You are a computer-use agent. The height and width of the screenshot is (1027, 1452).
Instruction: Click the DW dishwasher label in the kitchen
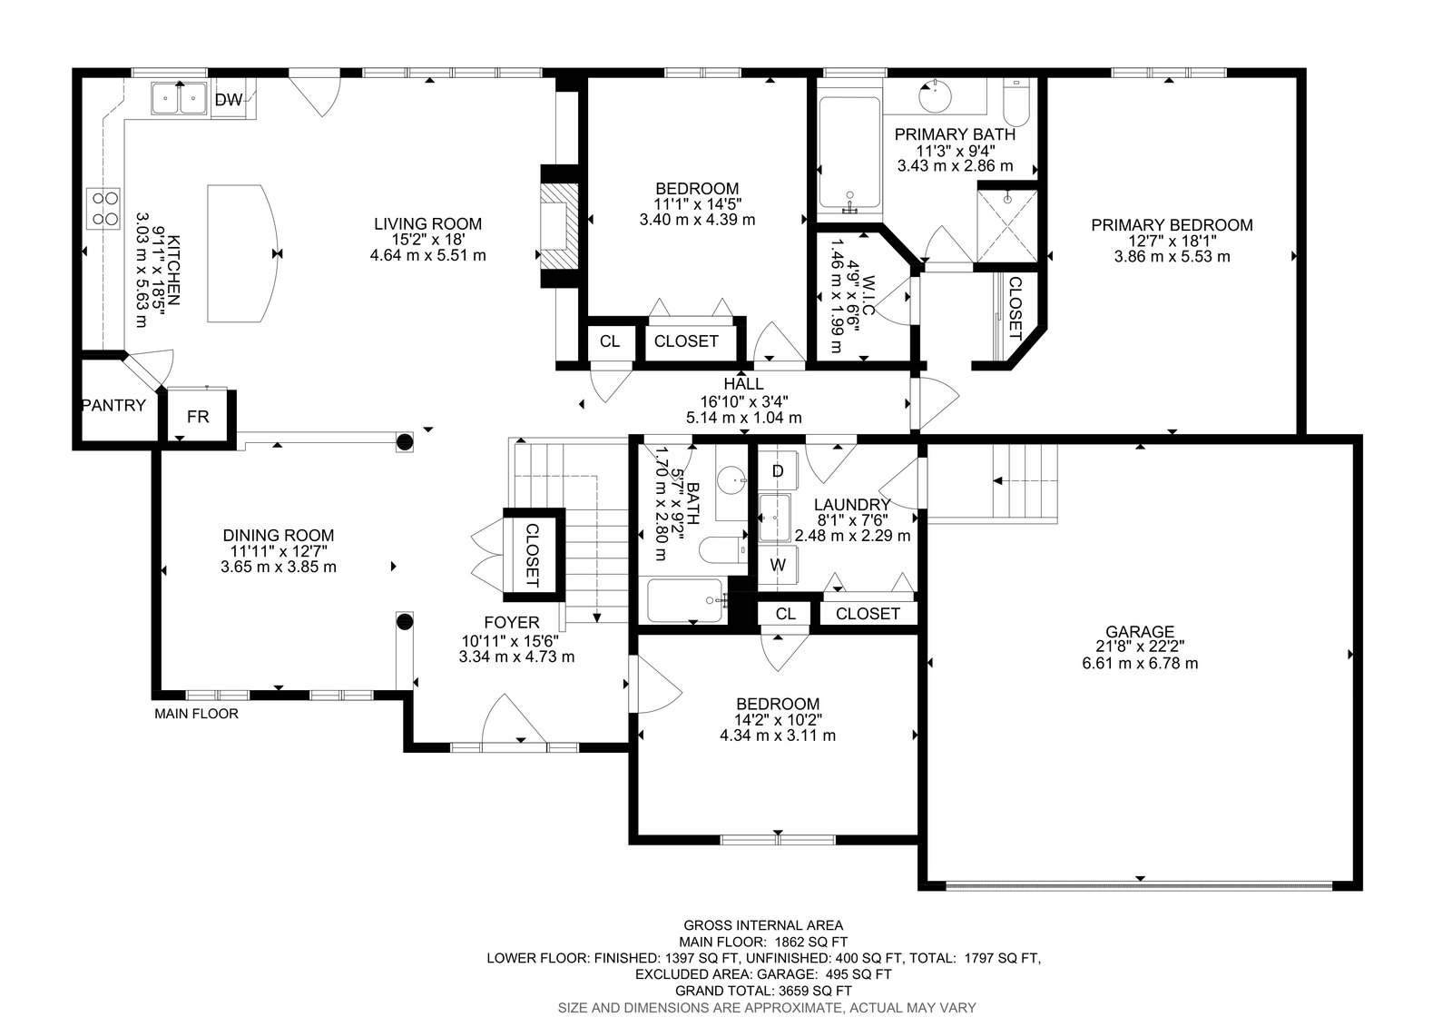(228, 100)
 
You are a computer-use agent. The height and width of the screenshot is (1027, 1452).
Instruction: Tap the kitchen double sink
(179, 99)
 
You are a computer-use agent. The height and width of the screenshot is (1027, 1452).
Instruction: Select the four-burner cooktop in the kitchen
(103, 208)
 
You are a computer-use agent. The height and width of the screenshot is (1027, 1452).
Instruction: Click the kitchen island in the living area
(242, 253)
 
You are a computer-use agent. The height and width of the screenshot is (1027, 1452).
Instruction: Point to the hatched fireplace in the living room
(559, 226)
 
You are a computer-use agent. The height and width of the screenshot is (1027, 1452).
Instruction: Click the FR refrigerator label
(198, 417)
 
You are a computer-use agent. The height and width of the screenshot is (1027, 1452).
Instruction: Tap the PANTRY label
(114, 406)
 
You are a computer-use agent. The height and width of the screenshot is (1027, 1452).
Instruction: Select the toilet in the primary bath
(1015, 103)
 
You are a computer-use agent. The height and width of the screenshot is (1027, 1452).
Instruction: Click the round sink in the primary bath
(936, 97)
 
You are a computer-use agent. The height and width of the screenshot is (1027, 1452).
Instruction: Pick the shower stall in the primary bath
(1007, 226)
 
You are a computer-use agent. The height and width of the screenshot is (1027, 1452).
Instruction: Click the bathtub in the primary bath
(849, 153)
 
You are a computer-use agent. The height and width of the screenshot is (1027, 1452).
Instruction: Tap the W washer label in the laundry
(778, 565)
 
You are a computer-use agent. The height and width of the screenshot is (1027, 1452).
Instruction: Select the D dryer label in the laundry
(778, 471)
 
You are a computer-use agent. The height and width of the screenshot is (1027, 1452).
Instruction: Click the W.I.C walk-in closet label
(868, 295)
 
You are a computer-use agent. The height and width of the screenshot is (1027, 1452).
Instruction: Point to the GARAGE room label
(1140, 631)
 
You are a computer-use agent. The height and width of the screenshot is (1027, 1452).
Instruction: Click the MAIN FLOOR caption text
(196, 714)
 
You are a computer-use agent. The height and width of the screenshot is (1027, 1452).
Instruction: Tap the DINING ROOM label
(279, 535)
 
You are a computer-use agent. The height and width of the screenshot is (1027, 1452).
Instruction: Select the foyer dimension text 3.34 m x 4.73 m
(516, 657)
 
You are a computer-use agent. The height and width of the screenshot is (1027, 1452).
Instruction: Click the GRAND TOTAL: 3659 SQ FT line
(763, 991)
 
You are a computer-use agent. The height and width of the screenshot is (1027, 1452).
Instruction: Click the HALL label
(743, 384)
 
